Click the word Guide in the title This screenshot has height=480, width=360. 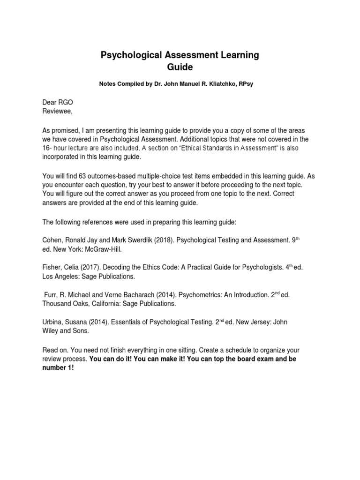click(180, 67)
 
